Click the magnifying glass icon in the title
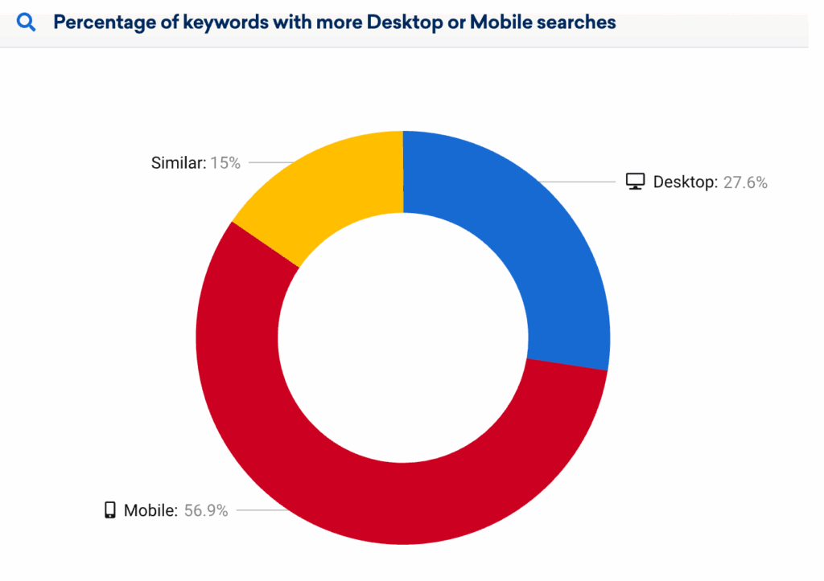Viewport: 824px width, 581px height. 27,22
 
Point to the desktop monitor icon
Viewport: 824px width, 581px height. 636,182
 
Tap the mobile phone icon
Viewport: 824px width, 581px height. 110,509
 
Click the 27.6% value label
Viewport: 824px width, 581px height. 744,182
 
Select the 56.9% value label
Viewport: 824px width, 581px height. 206,510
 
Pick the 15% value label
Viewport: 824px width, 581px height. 225,163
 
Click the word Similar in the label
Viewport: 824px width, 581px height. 177,163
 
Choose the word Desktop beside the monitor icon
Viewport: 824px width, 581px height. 684,182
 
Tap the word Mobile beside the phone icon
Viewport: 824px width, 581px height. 150,510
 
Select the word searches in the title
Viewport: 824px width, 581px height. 578,22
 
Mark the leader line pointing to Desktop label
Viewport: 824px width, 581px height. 579,182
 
